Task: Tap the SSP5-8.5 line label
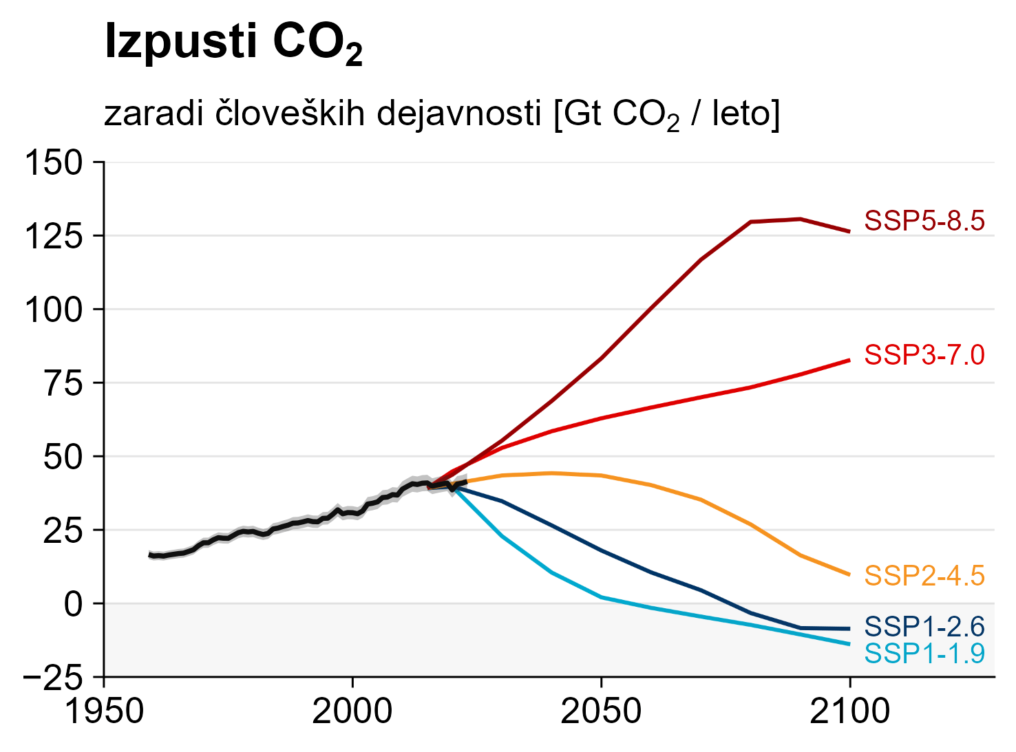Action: [x=924, y=222]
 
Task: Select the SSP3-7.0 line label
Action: [x=924, y=355]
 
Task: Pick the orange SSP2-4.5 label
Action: [x=924, y=576]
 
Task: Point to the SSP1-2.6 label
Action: [x=924, y=627]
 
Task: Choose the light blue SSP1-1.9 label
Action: [x=924, y=653]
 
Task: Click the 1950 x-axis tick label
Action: [x=104, y=712]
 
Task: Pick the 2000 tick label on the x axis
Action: [x=352, y=712]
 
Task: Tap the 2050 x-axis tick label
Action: [x=601, y=712]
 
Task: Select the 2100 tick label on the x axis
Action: [x=849, y=712]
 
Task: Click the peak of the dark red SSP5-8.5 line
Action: [x=800, y=219]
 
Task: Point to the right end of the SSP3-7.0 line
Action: [x=849, y=360]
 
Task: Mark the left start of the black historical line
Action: [x=150, y=555]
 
